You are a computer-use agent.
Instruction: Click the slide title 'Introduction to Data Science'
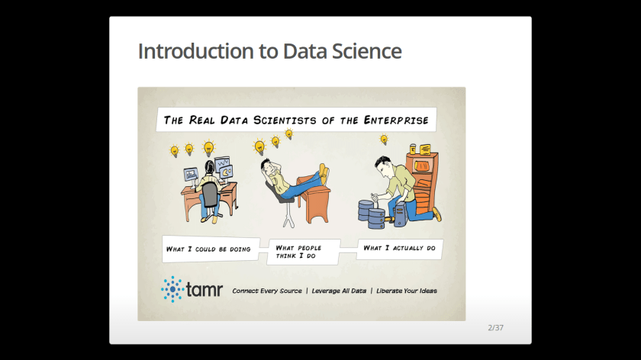click(270, 52)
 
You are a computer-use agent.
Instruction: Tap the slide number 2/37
click(495, 328)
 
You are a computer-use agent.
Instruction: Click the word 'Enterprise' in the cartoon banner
click(396, 121)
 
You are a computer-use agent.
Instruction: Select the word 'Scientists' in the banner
click(285, 121)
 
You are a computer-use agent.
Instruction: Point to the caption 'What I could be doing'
click(208, 249)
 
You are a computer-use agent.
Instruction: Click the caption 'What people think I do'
click(298, 252)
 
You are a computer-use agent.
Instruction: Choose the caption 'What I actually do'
click(399, 248)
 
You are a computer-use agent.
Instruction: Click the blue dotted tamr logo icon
click(172, 289)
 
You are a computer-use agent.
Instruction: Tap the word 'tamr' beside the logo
click(205, 289)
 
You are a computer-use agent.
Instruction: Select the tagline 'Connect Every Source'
click(267, 291)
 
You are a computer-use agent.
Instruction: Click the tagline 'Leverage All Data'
click(339, 291)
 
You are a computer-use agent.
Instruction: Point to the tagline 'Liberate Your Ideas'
click(406, 291)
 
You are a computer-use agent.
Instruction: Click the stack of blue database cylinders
click(372, 214)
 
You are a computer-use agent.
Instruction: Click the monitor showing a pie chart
click(226, 172)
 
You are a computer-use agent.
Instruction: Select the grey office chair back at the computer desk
click(210, 195)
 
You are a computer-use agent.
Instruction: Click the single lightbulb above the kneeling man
click(383, 140)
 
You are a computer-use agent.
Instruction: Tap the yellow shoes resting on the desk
click(324, 173)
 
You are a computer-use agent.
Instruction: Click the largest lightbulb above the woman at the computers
click(209, 148)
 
